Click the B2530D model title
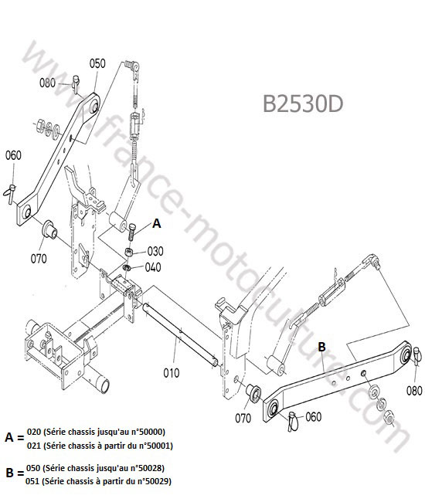click(303, 103)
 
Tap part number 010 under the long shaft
click(172, 373)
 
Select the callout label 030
click(155, 251)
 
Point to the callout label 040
click(153, 267)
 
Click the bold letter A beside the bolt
click(156, 223)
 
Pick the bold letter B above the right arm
click(321, 347)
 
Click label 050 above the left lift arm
click(97, 63)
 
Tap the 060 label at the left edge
click(13, 155)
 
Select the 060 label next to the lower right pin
click(313, 417)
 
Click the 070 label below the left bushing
click(39, 259)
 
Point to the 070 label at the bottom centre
click(243, 418)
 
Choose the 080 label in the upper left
click(47, 83)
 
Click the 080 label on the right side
click(414, 391)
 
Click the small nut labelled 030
click(129, 252)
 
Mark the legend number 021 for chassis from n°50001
click(34, 446)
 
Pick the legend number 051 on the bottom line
click(32, 481)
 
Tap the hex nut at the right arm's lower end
click(389, 417)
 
